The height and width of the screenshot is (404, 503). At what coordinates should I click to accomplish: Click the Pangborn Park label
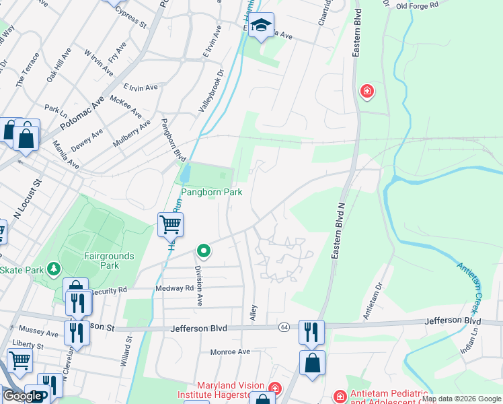tap(209, 192)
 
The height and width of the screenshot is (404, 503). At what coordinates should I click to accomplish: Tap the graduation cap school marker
tap(262, 26)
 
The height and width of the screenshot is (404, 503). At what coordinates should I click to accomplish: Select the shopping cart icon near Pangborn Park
tap(171, 224)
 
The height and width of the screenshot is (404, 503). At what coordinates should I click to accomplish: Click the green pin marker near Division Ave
tap(204, 252)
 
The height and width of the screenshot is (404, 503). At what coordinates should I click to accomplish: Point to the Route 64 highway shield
tap(285, 327)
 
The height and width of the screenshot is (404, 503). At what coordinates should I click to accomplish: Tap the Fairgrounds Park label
tap(109, 261)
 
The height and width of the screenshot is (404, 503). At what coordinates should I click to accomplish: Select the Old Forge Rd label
tap(417, 5)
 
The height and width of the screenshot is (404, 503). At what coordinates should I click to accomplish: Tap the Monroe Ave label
tap(229, 351)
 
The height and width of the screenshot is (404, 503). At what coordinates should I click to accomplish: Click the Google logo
tap(23, 396)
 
